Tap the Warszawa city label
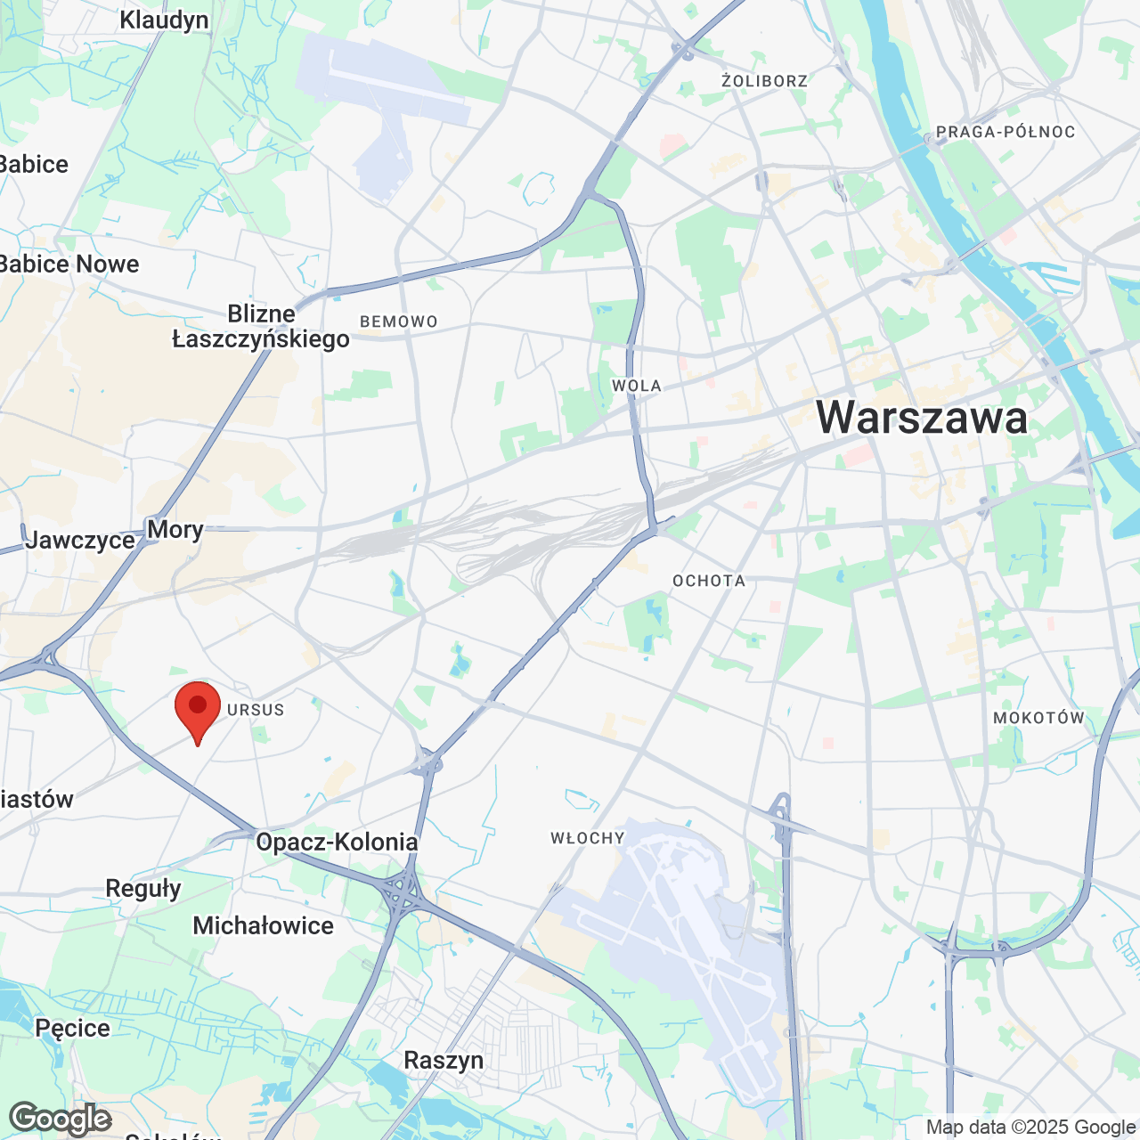(x=922, y=418)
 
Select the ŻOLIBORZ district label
(x=764, y=81)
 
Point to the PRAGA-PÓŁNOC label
(x=1006, y=132)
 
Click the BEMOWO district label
(x=399, y=322)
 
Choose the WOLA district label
(x=637, y=386)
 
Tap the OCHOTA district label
(x=709, y=581)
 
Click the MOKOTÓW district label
(x=1038, y=718)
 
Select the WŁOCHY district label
(x=588, y=838)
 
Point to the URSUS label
(x=256, y=710)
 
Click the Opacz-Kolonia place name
(x=337, y=842)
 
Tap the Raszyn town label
(x=444, y=1060)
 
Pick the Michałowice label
(x=263, y=925)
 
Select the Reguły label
(x=143, y=888)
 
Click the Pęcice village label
(x=72, y=1028)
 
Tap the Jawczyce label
(x=80, y=540)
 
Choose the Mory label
(x=175, y=529)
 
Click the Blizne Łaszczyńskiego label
(x=261, y=326)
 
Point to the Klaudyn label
(x=164, y=20)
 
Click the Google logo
(x=61, y=1119)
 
